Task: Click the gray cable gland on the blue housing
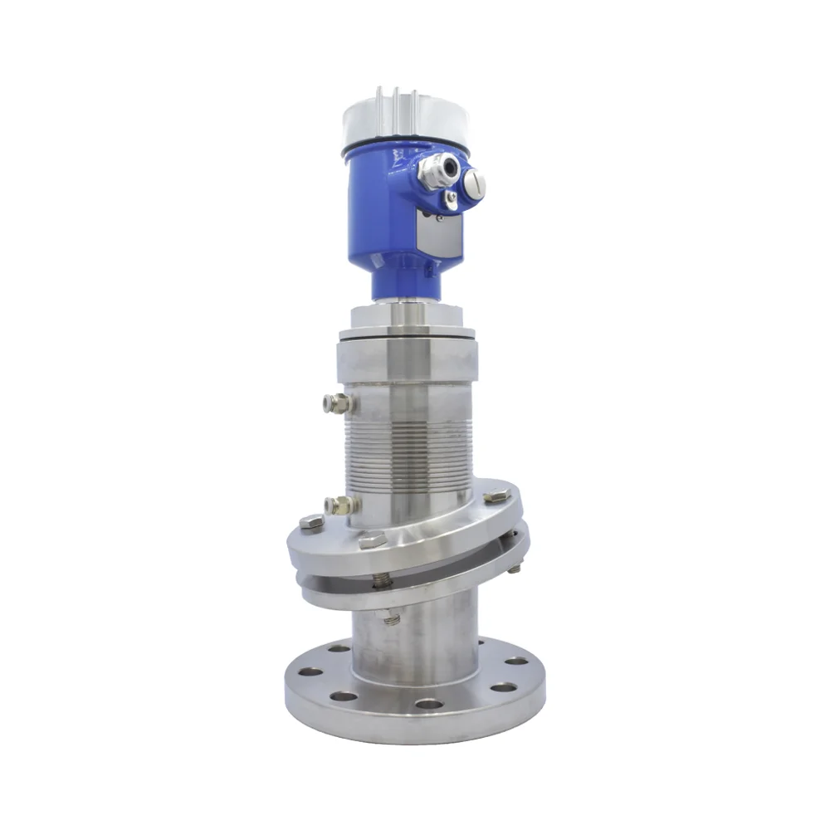[437, 169]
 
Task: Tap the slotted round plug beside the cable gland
[474, 183]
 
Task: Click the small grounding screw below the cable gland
[449, 198]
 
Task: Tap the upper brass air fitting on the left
[338, 404]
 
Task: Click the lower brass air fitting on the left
[340, 505]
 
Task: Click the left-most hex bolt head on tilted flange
[311, 523]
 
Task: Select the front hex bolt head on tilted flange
[373, 539]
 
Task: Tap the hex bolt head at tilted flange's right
[496, 496]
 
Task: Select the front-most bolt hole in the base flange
[429, 704]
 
